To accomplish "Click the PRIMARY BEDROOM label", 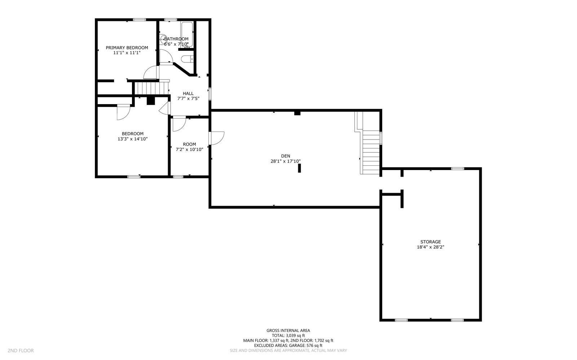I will pyautogui.click(x=127, y=48).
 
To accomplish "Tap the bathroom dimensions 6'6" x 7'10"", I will pyautogui.click(x=176, y=44).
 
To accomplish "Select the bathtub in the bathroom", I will pyautogui.click(x=187, y=34).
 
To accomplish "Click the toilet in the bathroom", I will pyautogui.click(x=187, y=59).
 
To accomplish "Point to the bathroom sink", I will pyautogui.click(x=163, y=38).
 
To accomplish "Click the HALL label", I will pyautogui.click(x=188, y=93).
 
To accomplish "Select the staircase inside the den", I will pyautogui.click(x=371, y=151).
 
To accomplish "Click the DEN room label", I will pyautogui.click(x=286, y=156).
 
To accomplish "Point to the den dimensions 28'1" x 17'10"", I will pyautogui.click(x=286, y=161).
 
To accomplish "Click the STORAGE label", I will pyautogui.click(x=430, y=242).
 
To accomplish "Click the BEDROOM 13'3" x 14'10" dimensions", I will pyautogui.click(x=132, y=139).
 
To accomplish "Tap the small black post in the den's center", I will pyautogui.click(x=299, y=168).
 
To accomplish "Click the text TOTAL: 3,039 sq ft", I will pyautogui.click(x=288, y=335).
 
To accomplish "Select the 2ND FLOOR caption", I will pyautogui.click(x=21, y=350).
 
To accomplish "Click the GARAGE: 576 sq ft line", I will pyautogui.click(x=288, y=345).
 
